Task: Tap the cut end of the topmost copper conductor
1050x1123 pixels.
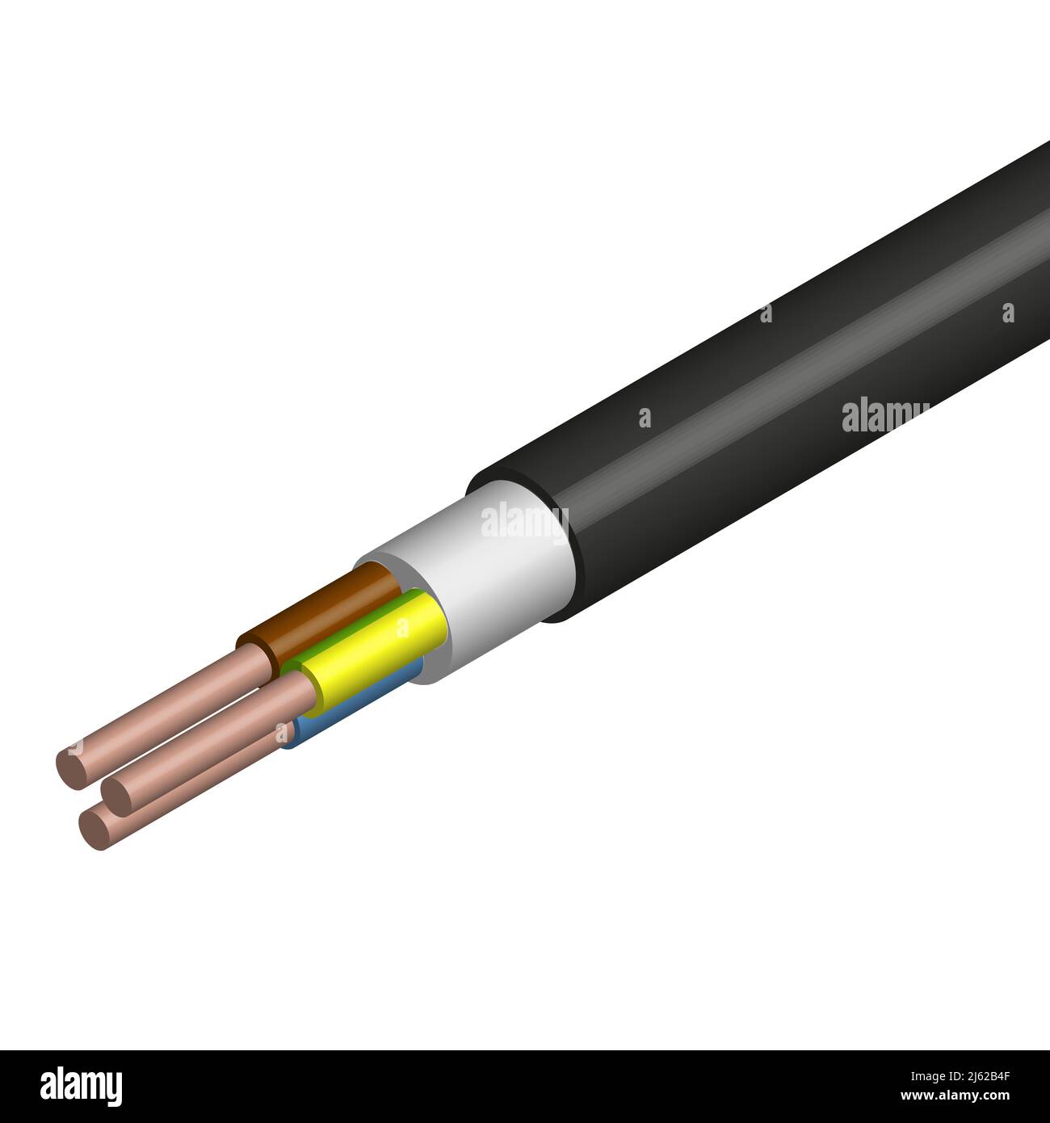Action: pyautogui.click(x=70, y=764)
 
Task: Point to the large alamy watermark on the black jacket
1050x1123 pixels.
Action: pyautogui.click(x=884, y=417)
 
